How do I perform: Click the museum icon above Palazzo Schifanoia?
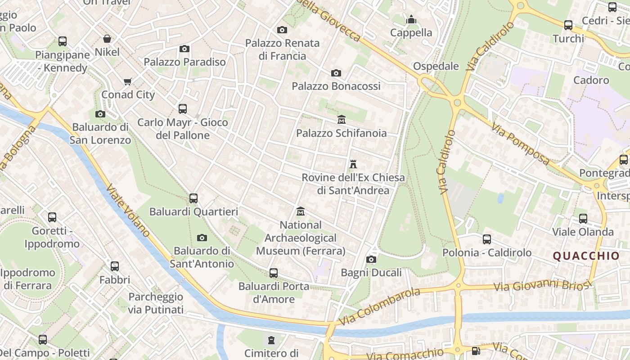tap(342, 120)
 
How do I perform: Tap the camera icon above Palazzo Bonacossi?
tap(336, 73)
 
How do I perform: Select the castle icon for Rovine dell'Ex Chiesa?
tap(353, 164)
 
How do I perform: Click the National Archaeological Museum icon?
tap(301, 211)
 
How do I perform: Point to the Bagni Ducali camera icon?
tap(371, 259)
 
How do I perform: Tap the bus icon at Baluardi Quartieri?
tap(193, 198)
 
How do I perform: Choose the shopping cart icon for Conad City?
tap(128, 81)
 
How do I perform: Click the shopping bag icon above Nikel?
tap(107, 39)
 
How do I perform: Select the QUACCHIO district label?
tap(586, 256)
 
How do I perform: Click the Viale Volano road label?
tap(129, 210)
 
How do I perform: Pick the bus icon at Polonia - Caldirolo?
tap(487, 239)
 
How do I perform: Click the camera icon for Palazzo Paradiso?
tap(184, 49)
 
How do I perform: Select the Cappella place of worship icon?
tap(411, 20)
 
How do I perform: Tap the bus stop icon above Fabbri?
tap(115, 266)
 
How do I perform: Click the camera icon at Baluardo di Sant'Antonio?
tap(202, 238)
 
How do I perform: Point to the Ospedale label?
tap(436, 66)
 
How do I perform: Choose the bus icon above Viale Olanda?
tap(583, 219)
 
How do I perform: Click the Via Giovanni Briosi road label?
tap(541, 285)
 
